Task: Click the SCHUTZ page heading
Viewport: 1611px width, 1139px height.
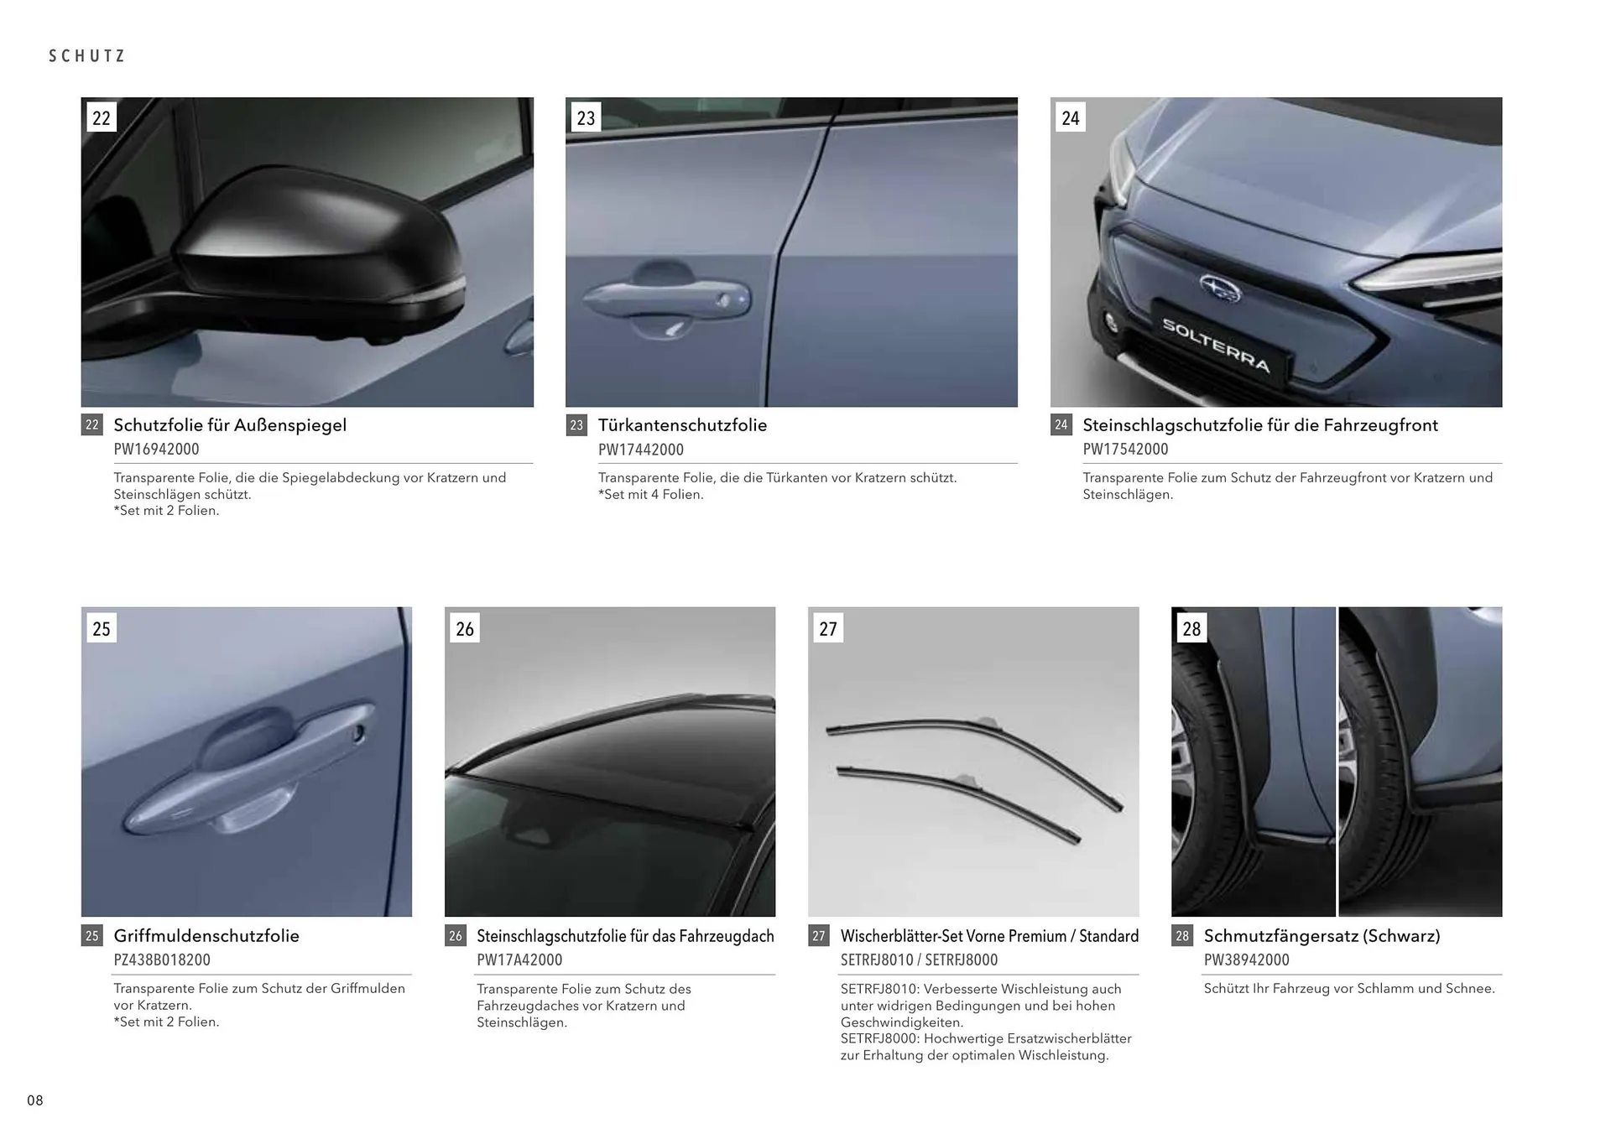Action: (x=87, y=56)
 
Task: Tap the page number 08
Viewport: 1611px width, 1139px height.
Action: (x=35, y=1100)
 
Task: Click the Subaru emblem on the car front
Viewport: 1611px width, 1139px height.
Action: (x=1221, y=288)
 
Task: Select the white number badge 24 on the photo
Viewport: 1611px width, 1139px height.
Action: (x=1070, y=117)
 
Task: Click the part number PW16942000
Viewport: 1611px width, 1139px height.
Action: (x=157, y=450)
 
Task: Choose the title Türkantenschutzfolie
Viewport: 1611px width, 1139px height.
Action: (x=682, y=425)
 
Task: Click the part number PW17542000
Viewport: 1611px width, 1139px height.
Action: (x=1125, y=450)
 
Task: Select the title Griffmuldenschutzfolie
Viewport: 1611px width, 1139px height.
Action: (x=206, y=936)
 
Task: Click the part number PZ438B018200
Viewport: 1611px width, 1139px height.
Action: (x=162, y=960)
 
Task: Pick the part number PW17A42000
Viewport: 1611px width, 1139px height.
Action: (x=519, y=960)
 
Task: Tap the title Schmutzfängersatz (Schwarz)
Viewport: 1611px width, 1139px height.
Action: (x=1322, y=936)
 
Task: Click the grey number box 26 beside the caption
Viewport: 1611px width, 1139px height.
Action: (x=455, y=936)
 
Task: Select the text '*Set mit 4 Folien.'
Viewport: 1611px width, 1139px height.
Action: (x=651, y=495)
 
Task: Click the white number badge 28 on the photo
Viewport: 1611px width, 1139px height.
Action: (x=1191, y=628)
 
